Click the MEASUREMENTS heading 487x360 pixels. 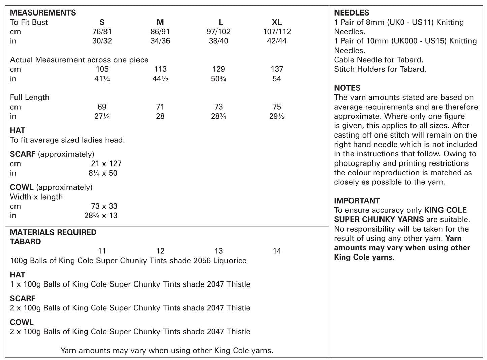(x=43, y=13)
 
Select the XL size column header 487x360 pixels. (x=277, y=22)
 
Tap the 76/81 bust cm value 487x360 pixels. (x=102, y=32)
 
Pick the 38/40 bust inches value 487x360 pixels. (x=218, y=41)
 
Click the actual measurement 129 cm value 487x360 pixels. (x=218, y=69)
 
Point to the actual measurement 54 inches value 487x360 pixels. (x=277, y=79)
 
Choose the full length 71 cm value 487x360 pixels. (x=160, y=107)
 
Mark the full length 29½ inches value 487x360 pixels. (x=277, y=116)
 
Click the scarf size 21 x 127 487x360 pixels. (x=106, y=163)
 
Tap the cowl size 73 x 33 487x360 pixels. (x=104, y=206)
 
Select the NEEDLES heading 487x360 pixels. (x=352, y=13)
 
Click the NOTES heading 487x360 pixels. (x=347, y=88)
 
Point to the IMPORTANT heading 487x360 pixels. (x=357, y=201)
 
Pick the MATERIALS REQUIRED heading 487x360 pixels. (x=53, y=232)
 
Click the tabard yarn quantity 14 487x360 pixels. (x=277, y=251)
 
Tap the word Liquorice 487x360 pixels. (x=230, y=261)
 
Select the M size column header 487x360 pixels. (x=160, y=22)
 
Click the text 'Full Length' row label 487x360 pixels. (x=30, y=97)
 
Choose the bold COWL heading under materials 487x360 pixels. (x=22, y=322)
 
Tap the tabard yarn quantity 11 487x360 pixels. (x=102, y=251)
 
